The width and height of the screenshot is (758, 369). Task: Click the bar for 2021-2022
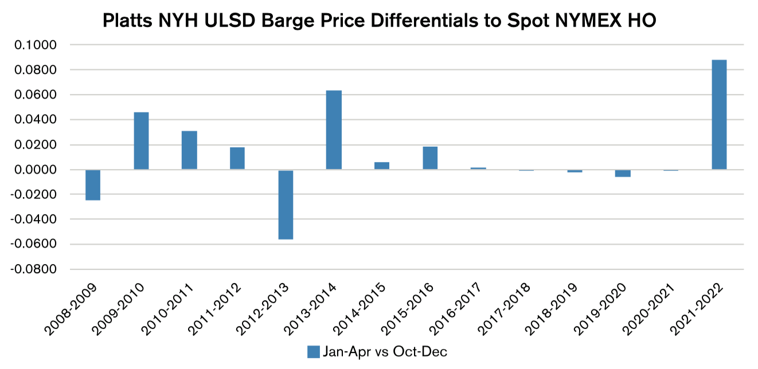pyautogui.click(x=719, y=115)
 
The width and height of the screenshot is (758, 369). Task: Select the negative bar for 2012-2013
pyautogui.click(x=286, y=205)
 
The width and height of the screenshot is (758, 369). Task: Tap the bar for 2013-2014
pyautogui.click(x=334, y=130)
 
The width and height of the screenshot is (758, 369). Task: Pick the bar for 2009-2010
pyautogui.click(x=141, y=141)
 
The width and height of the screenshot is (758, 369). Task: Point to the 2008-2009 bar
pyautogui.click(x=93, y=185)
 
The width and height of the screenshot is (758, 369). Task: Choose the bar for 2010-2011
pyautogui.click(x=189, y=150)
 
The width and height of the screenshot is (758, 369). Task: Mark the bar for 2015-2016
pyautogui.click(x=430, y=158)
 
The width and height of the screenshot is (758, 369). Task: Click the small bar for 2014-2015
pyautogui.click(x=382, y=166)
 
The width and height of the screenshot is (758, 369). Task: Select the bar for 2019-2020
pyautogui.click(x=623, y=173)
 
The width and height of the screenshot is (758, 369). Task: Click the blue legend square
pyautogui.click(x=313, y=352)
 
